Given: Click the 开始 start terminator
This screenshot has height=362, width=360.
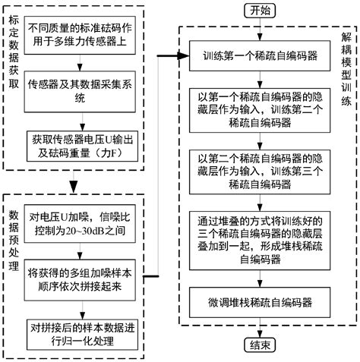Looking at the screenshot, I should [260, 10].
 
